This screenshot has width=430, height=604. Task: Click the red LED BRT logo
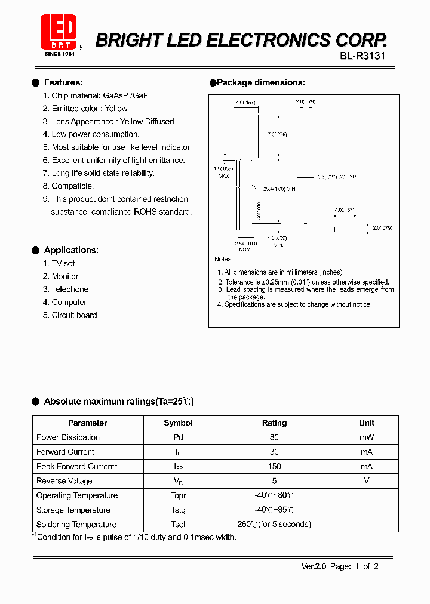point(59,32)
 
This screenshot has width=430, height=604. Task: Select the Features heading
point(63,82)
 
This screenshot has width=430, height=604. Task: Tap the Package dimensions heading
point(260,82)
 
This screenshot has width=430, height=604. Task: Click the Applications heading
point(71,250)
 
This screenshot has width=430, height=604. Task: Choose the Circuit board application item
point(73,315)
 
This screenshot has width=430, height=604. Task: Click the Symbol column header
point(178,423)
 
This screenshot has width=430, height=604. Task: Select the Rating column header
point(274,423)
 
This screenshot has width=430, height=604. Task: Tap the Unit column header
point(367,423)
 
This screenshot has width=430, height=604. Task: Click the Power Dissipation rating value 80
point(274,437)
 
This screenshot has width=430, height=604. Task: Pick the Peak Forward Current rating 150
point(274,466)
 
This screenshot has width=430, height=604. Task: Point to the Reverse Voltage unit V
point(367,481)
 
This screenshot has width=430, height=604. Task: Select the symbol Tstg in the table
point(178,510)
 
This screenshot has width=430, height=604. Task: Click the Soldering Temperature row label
point(76,525)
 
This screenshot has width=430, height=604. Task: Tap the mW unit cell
point(367,437)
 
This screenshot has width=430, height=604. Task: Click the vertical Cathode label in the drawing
point(259,211)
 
